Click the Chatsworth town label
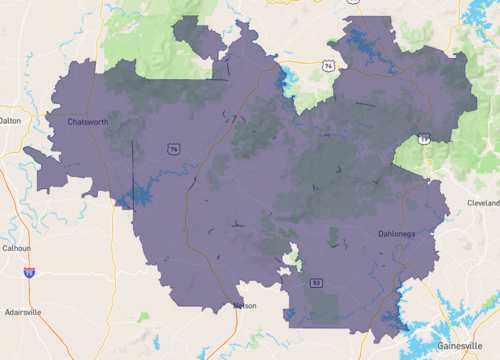(88, 122)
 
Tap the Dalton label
(10, 120)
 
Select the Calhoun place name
(16, 248)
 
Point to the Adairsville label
(22, 312)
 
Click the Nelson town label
(244, 305)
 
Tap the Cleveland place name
(482, 202)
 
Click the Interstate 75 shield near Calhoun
(29, 271)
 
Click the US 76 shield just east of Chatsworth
(174, 149)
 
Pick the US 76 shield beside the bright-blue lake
(327, 66)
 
